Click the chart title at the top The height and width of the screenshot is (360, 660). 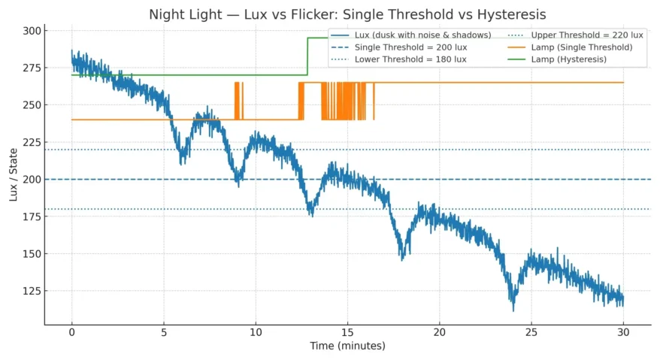347,14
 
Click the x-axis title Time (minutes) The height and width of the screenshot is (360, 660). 347,346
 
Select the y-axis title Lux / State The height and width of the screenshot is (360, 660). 14,176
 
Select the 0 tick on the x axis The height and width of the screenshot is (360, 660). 72,332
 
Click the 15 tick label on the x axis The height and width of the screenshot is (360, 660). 347,332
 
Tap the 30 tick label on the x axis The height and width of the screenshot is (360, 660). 623,332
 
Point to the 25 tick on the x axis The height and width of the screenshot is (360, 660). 531,332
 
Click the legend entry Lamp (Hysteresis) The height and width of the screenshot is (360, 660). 569,59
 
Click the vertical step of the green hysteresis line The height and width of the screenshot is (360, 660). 307,56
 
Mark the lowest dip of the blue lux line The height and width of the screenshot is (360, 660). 513,308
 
